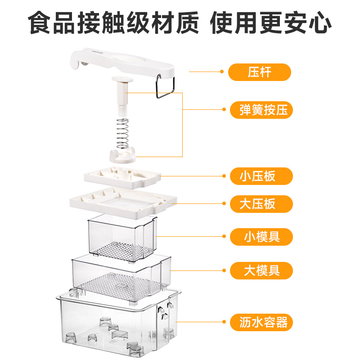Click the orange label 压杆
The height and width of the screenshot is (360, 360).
[260, 72]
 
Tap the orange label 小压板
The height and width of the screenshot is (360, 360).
[260, 176]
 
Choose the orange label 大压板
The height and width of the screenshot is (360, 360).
[260, 204]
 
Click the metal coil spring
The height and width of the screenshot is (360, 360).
[122, 133]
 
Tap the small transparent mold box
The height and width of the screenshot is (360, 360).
[121, 236]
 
